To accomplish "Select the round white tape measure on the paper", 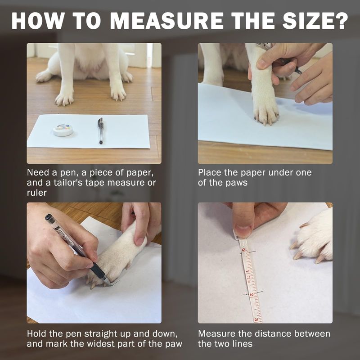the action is click(x=63, y=130).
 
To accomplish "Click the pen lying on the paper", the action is click(x=100, y=130).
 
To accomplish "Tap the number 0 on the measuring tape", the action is click(x=244, y=250).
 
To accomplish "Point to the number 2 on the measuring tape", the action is click(x=252, y=295).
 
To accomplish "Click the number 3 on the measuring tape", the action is click(x=256, y=319).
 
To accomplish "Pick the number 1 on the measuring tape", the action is click(x=247, y=271).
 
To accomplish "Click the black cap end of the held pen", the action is click(x=50, y=219).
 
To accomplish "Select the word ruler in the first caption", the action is click(x=37, y=193).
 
